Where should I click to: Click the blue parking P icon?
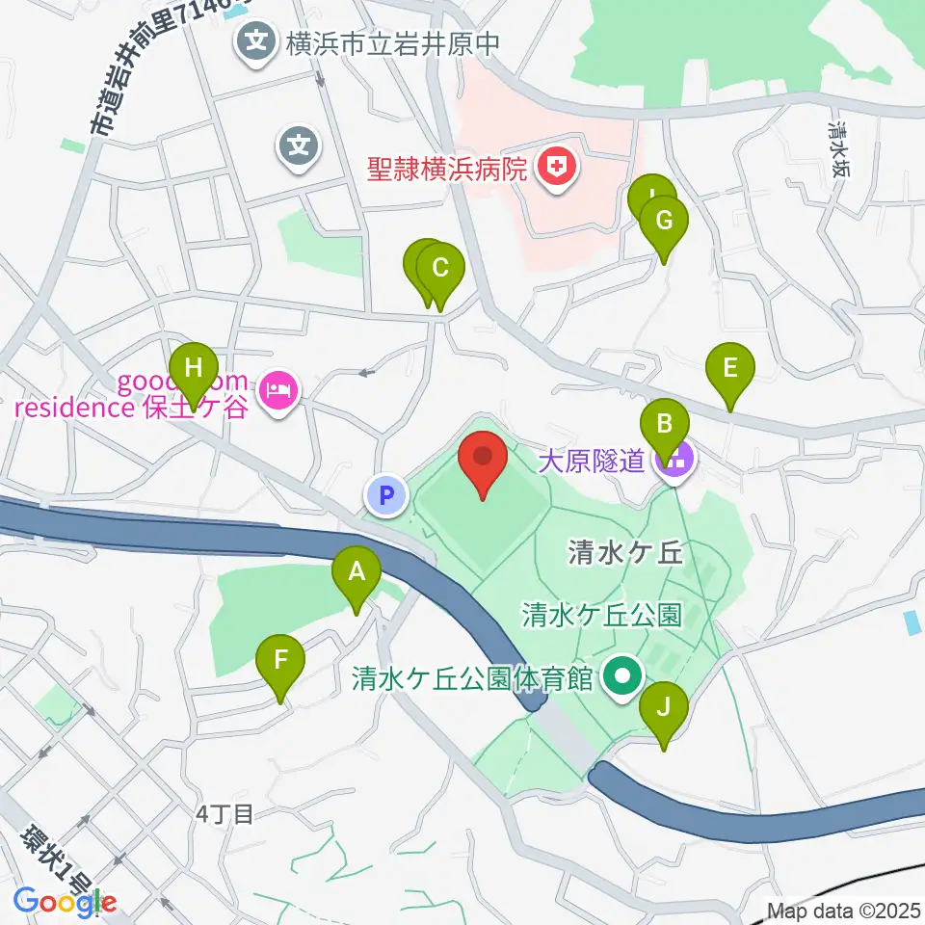(385, 496)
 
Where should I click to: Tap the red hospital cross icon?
(556, 170)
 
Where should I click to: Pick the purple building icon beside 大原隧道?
(674, 462)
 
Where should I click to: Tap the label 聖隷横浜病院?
(447, 171)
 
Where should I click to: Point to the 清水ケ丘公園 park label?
(601, 614)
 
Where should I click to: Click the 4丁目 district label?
(224, 815)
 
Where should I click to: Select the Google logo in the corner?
(65, 902)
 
